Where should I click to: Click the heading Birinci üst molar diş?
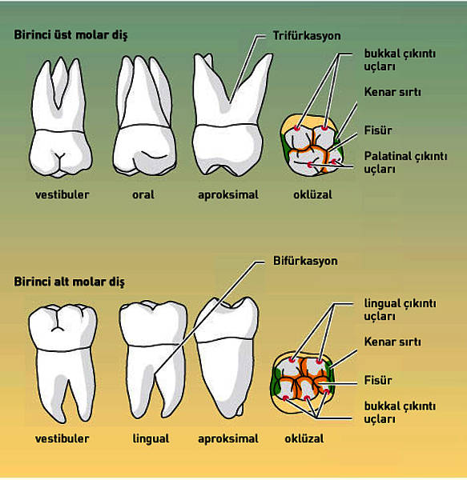click(x=70, y=35)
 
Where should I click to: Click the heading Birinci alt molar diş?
click(x=69, y=282)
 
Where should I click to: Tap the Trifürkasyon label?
click(x=307, y=36)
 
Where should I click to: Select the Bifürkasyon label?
click(x=305, y=261)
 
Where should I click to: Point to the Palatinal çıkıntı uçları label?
click(x=405, y=162)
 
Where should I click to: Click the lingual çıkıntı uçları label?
click(x=400, y=310)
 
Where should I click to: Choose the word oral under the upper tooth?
click(x=143, y=194)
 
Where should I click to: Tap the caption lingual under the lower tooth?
click(x=151, y=438)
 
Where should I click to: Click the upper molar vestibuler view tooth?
click(x=61, y=118)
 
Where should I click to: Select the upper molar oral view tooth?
click(x=145, y=116)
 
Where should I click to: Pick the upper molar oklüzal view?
click(x=312, y=145)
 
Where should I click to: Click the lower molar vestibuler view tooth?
click(x=63, y=363)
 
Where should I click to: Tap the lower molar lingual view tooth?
click(x=153, y=359)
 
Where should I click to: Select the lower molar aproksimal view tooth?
click(x=226, y=358)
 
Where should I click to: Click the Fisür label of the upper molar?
click(x=378, y=130)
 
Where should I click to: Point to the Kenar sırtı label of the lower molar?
click(x=393, y=342)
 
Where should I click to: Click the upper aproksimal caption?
click(x=228, y=194)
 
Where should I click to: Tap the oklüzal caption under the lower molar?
click(x=304, y=438)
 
